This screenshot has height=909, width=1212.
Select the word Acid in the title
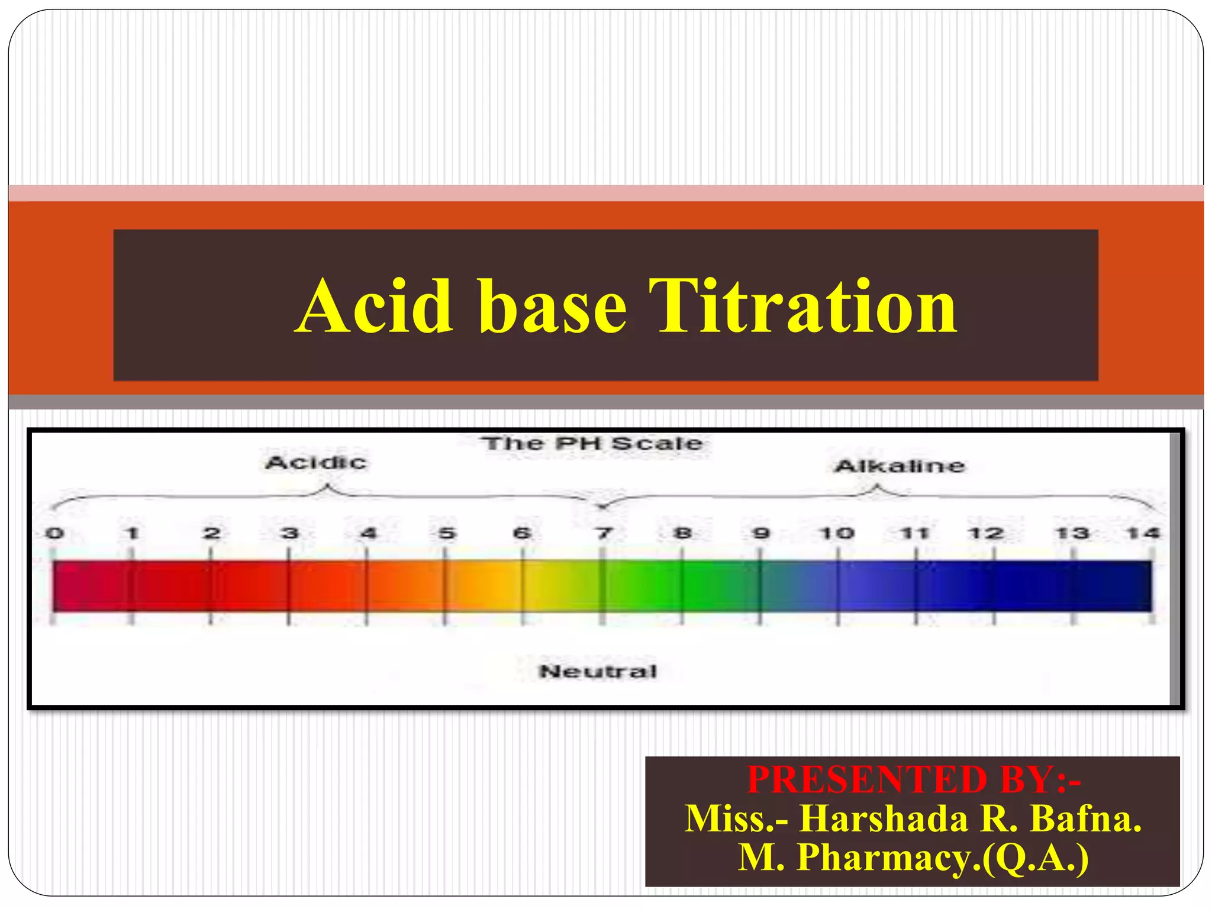[x=375, y=307]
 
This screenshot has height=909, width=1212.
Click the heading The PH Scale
[x=592, y=443]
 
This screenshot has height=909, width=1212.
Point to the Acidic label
[x=315, y=462]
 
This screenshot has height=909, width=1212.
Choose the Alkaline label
[x=900, y=466]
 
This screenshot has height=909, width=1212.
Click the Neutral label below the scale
[x=598, y=671]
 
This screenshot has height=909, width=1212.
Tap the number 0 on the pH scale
[x=54, y=533]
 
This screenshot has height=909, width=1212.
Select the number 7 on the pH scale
[x=604, y=533]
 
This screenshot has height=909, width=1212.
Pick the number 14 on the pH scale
[x=1143, y=533]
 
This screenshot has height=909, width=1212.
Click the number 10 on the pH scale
[x=836, y=533]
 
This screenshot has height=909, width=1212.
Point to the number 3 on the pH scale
[x=289, y=533]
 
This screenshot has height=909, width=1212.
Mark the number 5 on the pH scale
[x=447, y=533]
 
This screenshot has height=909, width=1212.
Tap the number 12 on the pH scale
[x=985, y=533]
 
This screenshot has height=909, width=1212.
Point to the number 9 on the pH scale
[x=761, y=533]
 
